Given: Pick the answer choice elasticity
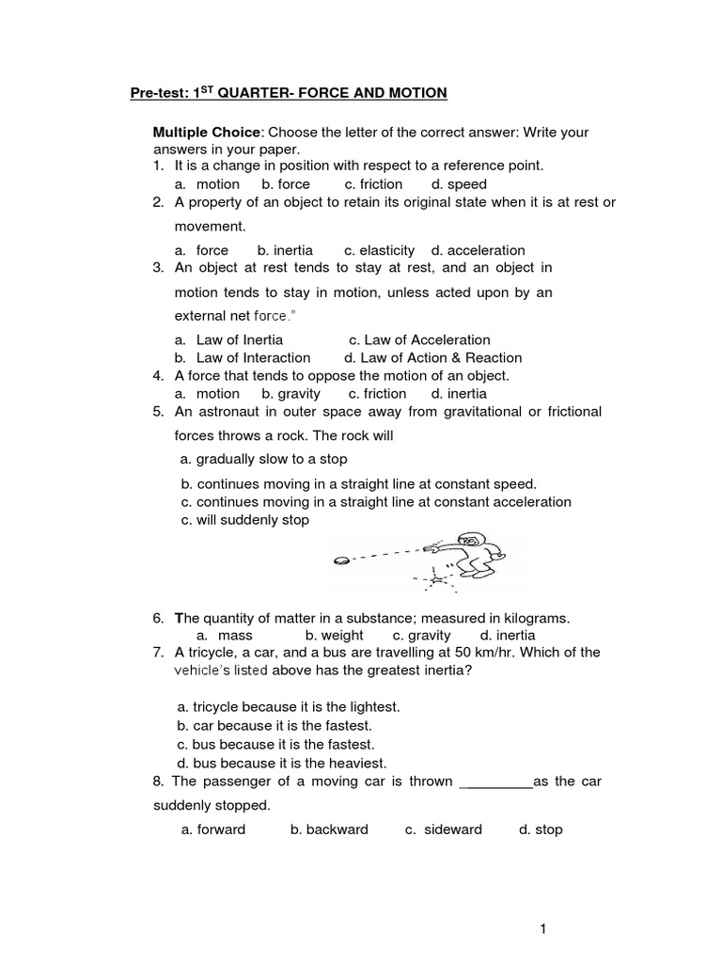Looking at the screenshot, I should point(379,250).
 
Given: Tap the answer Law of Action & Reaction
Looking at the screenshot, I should point(433,357).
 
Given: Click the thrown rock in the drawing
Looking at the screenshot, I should point(341,560).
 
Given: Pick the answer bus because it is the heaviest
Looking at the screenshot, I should point(282,763).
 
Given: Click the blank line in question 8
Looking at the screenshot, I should point(494,781).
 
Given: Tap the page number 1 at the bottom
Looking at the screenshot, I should point(542,929).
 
